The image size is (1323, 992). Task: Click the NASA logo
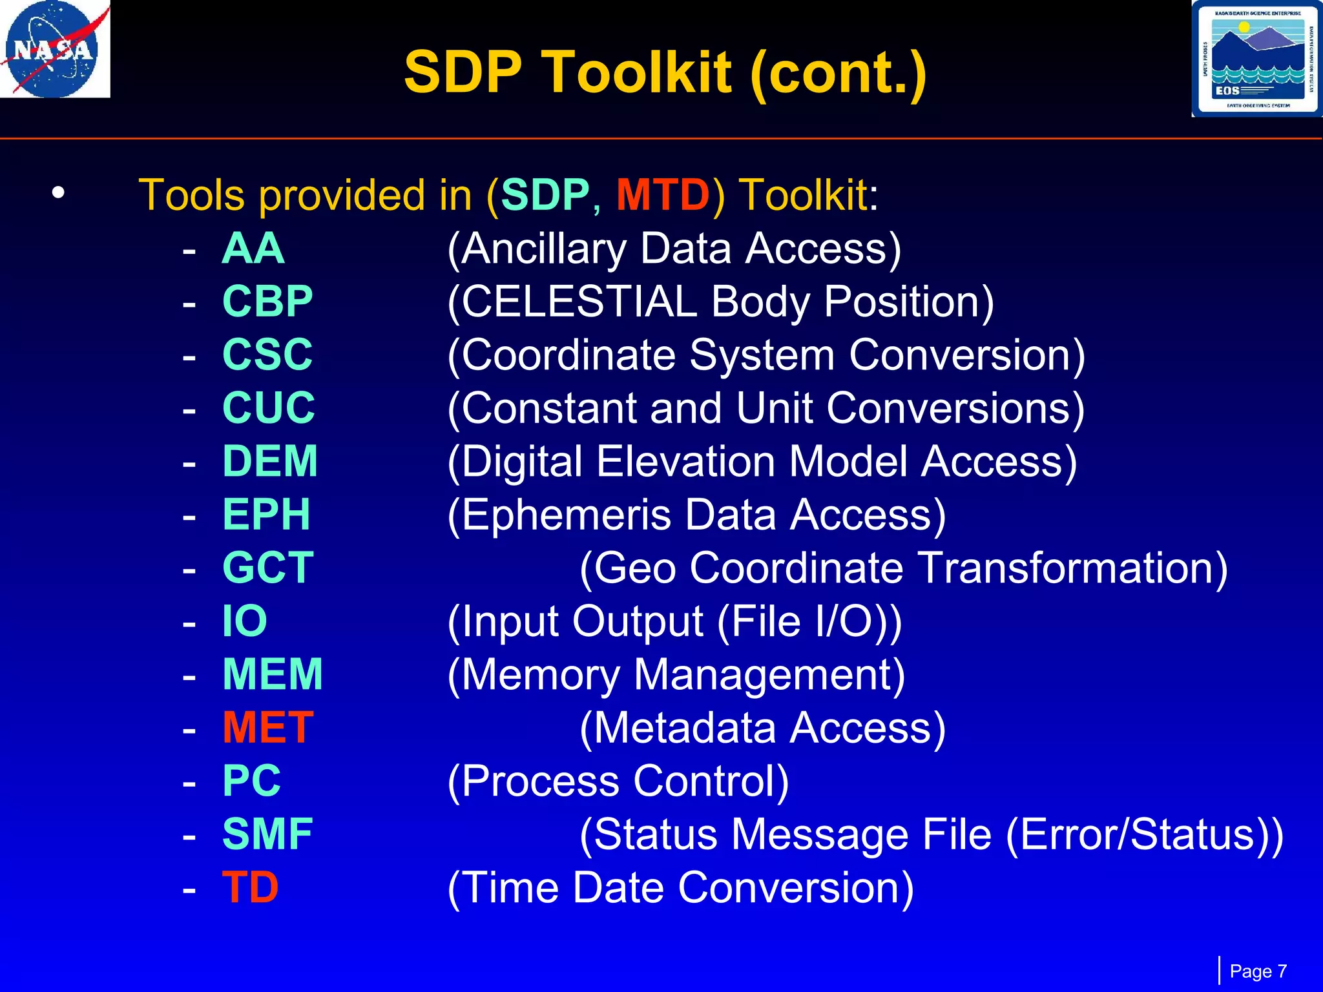[54, 49]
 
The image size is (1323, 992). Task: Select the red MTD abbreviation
[663, 195]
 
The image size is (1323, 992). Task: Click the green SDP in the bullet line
[545, 195]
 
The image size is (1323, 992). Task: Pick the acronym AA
[253, 249]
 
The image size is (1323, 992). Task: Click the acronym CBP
[267, 302]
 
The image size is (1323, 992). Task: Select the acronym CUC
[269, 408]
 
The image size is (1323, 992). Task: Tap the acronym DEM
[270, 461]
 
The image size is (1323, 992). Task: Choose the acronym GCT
[268, 568]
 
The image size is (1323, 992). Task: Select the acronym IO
[245, 621]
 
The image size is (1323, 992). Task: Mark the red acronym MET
[268, 728]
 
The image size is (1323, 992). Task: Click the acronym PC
[251, 781]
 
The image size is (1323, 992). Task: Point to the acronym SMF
[267, 834]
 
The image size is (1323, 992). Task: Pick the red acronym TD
[250, 887]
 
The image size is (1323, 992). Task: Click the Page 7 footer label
[1258, 971]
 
